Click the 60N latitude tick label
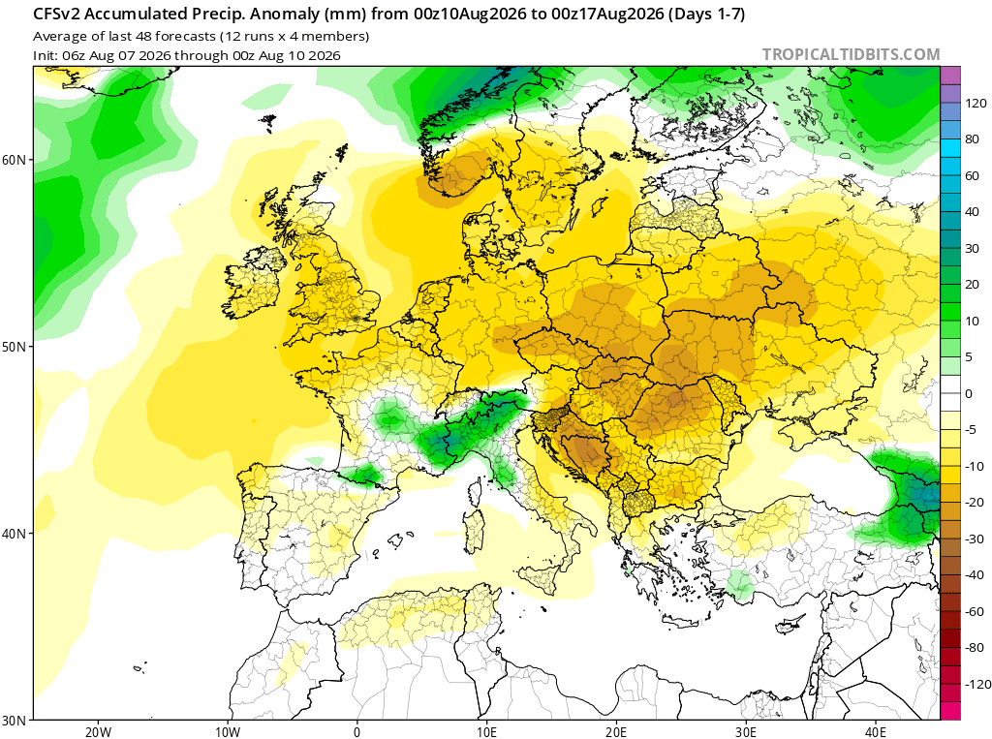(14, 160)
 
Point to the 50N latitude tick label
(14, 348)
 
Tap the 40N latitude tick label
(14, 534)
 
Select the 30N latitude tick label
(14, 721)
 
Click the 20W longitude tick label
(98, 732)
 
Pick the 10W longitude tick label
(227, 732)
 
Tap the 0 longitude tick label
(356, 732)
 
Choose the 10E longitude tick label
(486, 732)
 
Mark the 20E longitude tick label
(616, 732)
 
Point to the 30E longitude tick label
(746, 732)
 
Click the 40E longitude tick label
(876, 732)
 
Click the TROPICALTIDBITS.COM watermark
(851, 55)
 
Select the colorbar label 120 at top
(976, 103)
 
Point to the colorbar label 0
(969, 393)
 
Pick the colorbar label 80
(973, 139)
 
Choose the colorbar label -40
(975, 575)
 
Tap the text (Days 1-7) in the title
(706, 15)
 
